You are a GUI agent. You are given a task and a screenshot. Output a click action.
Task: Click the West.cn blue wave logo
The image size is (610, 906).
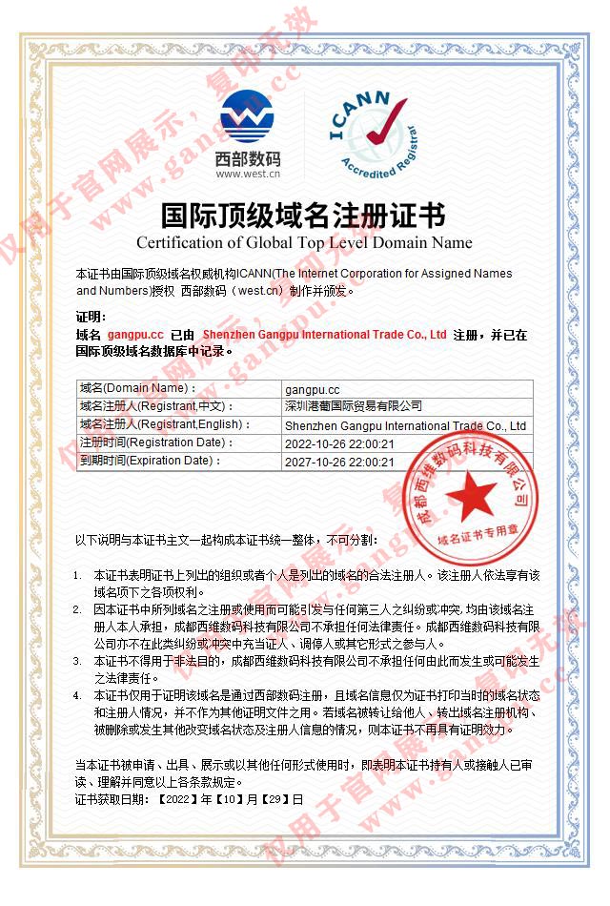[x=247, y=116]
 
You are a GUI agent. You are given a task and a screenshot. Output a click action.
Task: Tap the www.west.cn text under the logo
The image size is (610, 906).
[x=248, y=175]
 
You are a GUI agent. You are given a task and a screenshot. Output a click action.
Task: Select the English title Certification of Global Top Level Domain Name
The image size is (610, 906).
[x=303, y=241]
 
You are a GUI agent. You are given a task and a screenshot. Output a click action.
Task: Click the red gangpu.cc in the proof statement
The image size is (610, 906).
[x=135, y=335]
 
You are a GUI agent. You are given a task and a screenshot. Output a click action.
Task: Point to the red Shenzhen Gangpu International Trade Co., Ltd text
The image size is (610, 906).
[x=325, y=335]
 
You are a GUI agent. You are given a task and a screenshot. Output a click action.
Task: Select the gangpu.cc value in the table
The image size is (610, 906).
[x=312, y=388]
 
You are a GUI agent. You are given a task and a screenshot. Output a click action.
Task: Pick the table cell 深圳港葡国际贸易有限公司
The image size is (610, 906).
[x=353, y=406]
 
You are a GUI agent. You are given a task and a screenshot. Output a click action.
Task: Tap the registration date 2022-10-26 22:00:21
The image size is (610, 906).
[x=339, y=443]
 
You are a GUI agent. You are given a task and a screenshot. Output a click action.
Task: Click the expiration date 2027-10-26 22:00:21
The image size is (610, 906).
[x=339, y=462]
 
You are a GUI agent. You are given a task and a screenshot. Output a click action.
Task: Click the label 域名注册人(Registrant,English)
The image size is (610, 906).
[x=165, y=424]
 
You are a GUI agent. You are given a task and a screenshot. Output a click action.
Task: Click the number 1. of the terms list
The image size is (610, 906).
[x=78, y=576]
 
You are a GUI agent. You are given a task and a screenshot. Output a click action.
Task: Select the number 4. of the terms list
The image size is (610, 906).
[x=78, y=695]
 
